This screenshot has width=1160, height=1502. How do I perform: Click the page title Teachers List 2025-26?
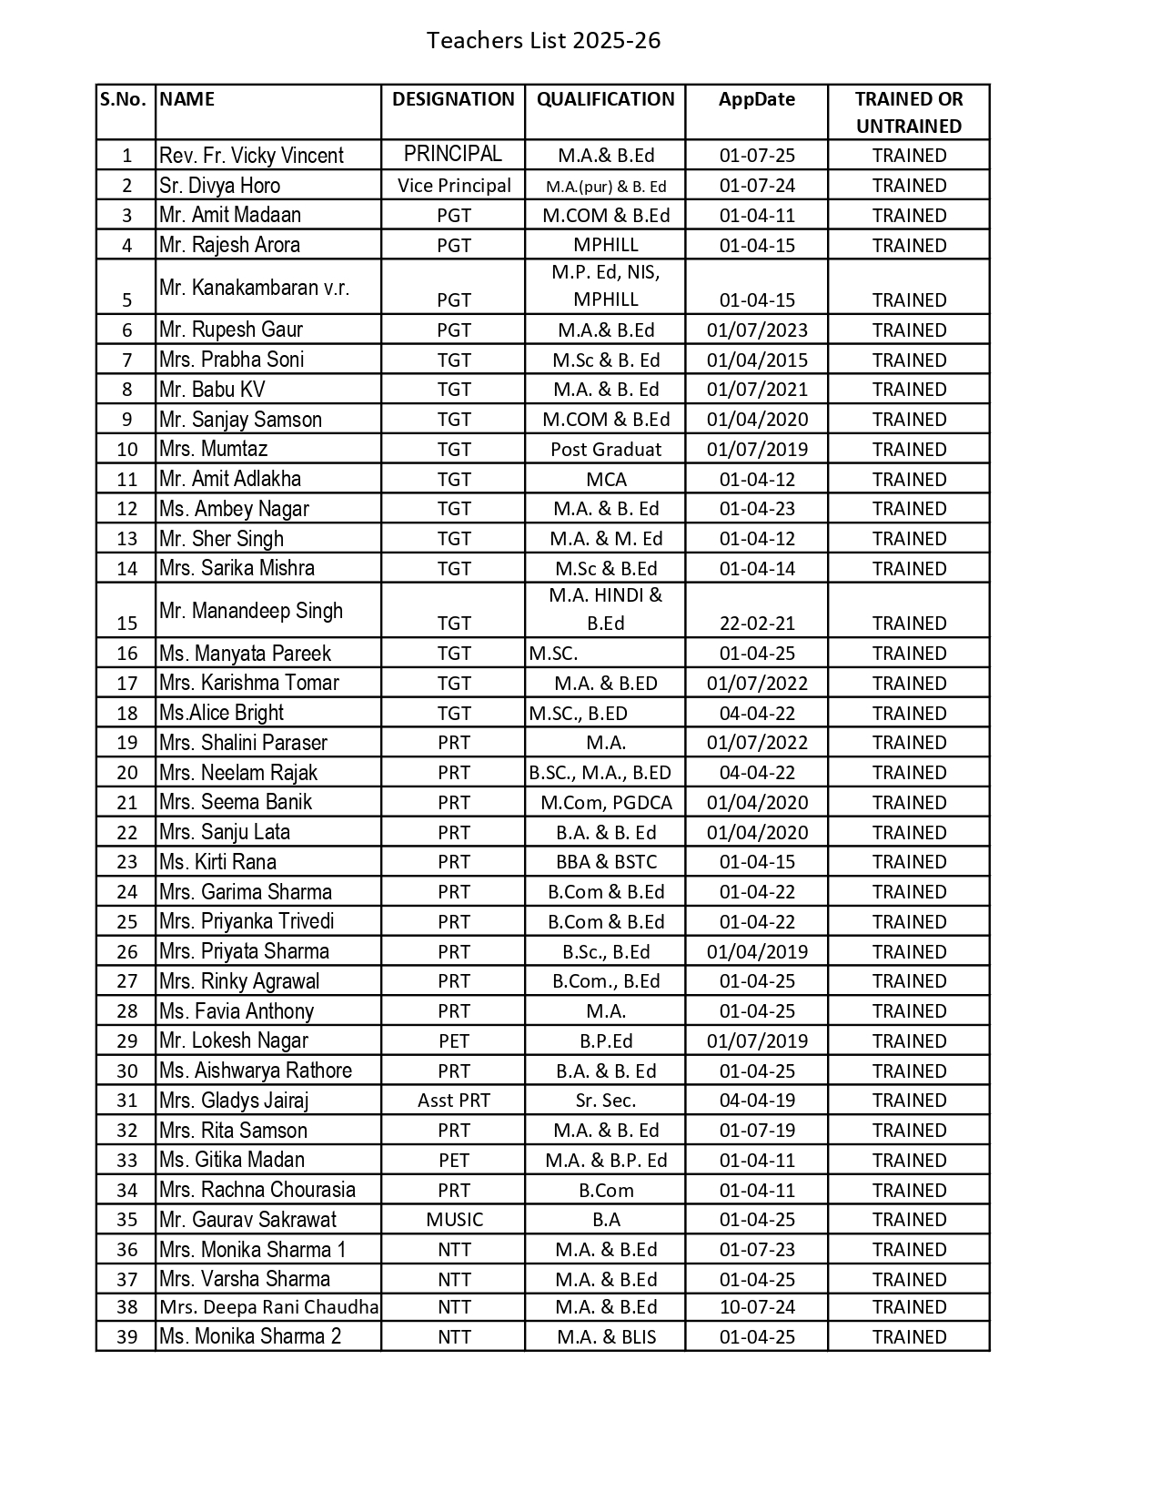pyautogui.click(x=543, y=41)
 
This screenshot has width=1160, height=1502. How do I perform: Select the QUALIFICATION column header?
pyautogui.click(x=605, y=99)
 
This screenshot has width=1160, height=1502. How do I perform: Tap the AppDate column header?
pyautogui.click(x=756, y=99)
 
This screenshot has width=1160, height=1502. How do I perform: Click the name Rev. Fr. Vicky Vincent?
pyautogui.click(x=251, y=156)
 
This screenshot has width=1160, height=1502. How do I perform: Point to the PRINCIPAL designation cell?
pyautogui.click(x=453, y=154)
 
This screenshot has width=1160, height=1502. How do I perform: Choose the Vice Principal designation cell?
pyautogui.click(x=454, y=186)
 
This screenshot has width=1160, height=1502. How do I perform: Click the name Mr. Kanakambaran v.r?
pyautogui.click(x=254, y=288)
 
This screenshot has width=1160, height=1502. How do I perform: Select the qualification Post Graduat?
pyautogui.click(x=606, y=449)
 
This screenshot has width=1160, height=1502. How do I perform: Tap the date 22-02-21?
pyautogui.click(x=757, y=624)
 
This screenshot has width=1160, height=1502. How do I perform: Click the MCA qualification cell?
pyautogui.click(x=606, y=479)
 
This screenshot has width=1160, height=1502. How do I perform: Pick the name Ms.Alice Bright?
pyautogui.click(x=221, y=713)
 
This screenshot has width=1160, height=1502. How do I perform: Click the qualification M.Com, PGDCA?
pyautogui.click(x=606, y=802)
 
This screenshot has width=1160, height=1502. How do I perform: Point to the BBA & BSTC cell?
pyautogui.click(x=606, y=862)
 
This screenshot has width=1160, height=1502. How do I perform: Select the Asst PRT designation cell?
pyautogui.click(x=453, y=1101)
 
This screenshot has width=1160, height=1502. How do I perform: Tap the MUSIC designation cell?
pyautogui.click(x=454, y=1220)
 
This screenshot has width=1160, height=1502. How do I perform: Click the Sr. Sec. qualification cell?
pyautogui.click(x=606, y=1101)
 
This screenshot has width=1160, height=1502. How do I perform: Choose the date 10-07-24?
pyautogui.click(x=757, y=1307)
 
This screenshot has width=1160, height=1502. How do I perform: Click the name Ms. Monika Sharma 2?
pyautogui.click(x=250, y=1336)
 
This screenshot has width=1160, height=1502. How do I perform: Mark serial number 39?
pyautogui.click(x=127, y=1337)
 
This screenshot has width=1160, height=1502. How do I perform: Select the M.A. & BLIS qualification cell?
pyautogui.click(x=606, y=1337)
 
